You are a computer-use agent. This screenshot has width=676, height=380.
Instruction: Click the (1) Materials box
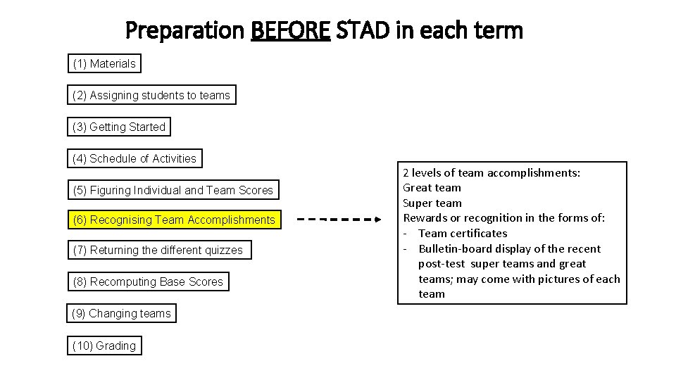click(104, 64)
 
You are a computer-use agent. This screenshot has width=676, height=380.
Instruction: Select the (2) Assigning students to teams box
click(151, 96)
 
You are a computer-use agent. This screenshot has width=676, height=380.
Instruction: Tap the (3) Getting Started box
click(119, 127)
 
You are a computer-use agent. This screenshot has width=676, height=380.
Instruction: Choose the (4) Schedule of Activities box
click(134, 159)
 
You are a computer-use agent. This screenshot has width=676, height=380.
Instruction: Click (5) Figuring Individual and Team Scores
click(173, 191)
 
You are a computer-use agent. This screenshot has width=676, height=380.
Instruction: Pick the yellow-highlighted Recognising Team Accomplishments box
click(174, 220)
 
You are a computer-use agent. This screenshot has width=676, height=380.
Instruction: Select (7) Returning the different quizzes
click(158, 251)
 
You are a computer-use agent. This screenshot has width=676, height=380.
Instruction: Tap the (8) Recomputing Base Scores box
click(148, 282)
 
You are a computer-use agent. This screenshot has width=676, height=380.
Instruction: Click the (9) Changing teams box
click(122, 314)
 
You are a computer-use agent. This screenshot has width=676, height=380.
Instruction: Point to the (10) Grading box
click(104, 346)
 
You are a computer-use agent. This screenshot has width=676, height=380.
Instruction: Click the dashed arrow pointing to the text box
click(338, 220)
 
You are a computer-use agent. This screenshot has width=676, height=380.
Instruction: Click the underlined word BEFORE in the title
click(290, 31)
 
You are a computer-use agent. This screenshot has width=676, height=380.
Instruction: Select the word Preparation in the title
click(184, 31)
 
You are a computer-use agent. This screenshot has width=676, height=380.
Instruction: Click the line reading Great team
click(432, 188)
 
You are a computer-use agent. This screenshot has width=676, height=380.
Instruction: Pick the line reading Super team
click(432, 203)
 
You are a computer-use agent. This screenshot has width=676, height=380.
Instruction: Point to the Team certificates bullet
click(462, 234)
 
